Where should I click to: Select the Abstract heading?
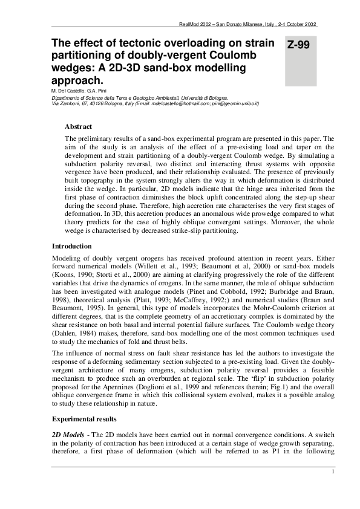[x=78, y=126]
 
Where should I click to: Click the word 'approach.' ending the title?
[x=77, y=79]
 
